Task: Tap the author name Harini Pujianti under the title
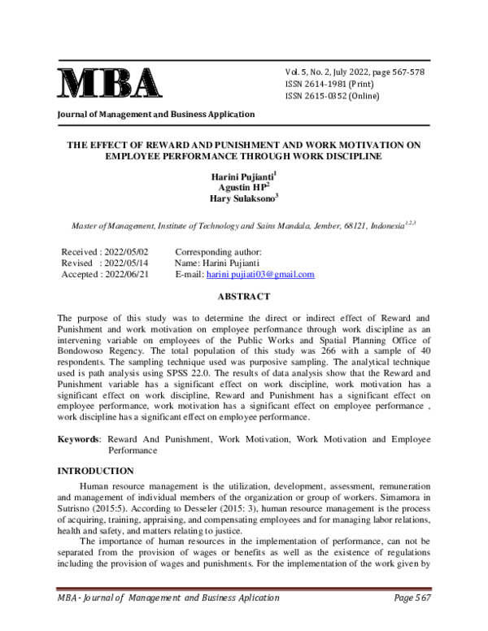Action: coord(242,176)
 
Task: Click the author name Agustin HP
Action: coord(242,187)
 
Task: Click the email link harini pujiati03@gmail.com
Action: coord(260,275)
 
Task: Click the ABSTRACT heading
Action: coord(244,298)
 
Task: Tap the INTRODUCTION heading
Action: coord(95,471)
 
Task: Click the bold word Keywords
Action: coord(76,439)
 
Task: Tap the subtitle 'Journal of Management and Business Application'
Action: coord(155,115)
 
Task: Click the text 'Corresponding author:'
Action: coord(218,252)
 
